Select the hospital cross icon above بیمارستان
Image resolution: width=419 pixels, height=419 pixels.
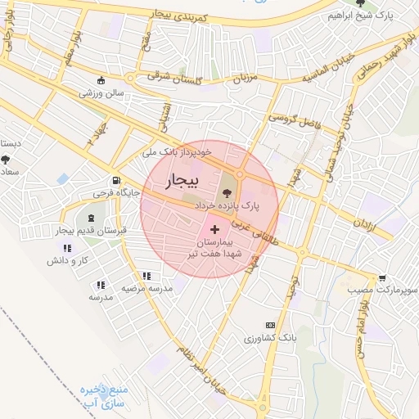coord(215,230)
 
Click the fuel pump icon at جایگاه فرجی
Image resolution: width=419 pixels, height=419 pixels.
coord(115,181)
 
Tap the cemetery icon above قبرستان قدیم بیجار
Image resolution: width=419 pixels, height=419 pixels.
coord(89,218)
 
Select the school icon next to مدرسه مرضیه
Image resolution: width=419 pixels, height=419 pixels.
coord(146,277)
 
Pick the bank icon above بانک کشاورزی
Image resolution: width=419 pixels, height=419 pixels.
coord(270,326)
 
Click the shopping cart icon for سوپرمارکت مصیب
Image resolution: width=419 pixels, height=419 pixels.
coord(382,278)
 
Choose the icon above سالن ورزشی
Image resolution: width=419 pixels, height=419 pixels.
coord(101,80)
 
